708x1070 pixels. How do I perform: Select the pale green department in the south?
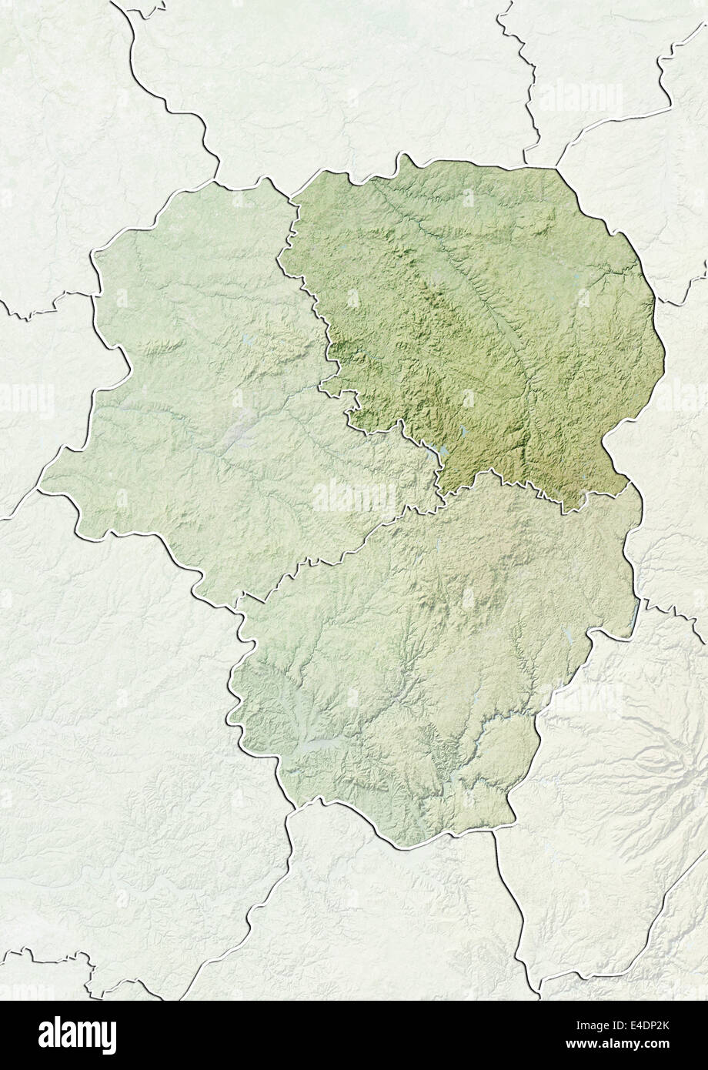point(416,662)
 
